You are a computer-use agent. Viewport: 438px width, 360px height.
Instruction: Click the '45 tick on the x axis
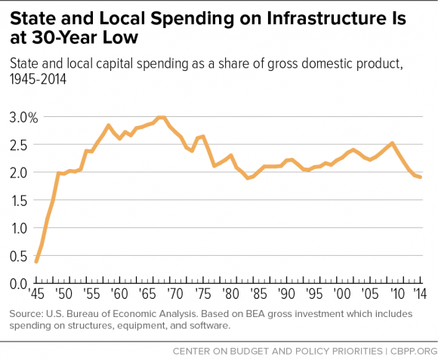pos(36,295)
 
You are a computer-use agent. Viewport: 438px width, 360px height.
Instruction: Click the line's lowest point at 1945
pos(36,262)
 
